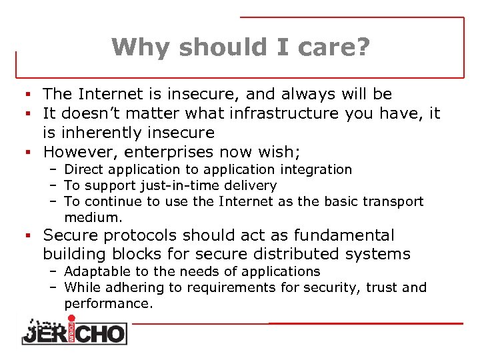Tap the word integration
tap(317, 170)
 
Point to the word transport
tap(393, 201)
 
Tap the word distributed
tap(299, 254)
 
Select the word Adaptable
tap(94, 271)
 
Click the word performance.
tap(109, 303)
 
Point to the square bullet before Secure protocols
tap(21, 236)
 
